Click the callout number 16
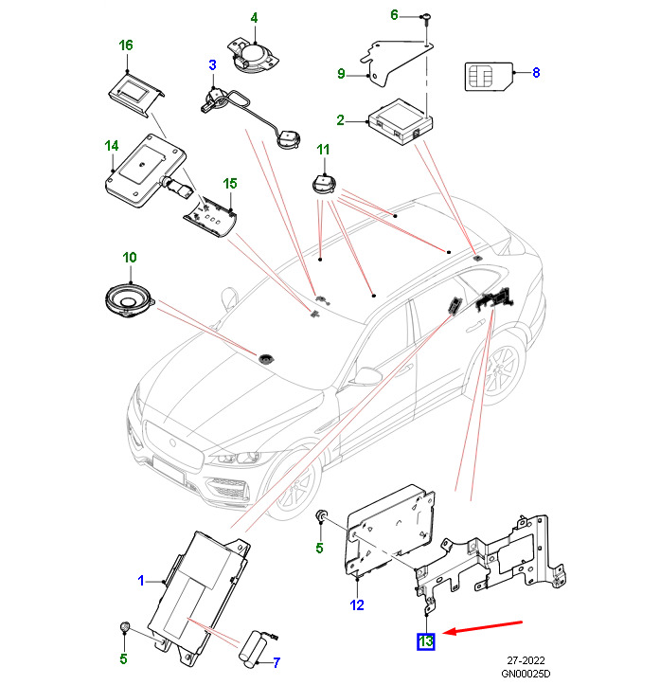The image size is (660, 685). (x=126, y=45)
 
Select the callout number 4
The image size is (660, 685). (x=253, y=18)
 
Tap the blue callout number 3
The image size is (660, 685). (x=213, y=64)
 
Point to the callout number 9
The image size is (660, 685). (x=341, y=74)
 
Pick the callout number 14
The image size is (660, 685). (x=111, y=146)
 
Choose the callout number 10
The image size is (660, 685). (x=130, y=258)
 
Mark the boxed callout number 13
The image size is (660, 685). (x=426, y=642)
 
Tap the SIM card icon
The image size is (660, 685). (x=488, y=75)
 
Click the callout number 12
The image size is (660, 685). (x=357, y=604)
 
